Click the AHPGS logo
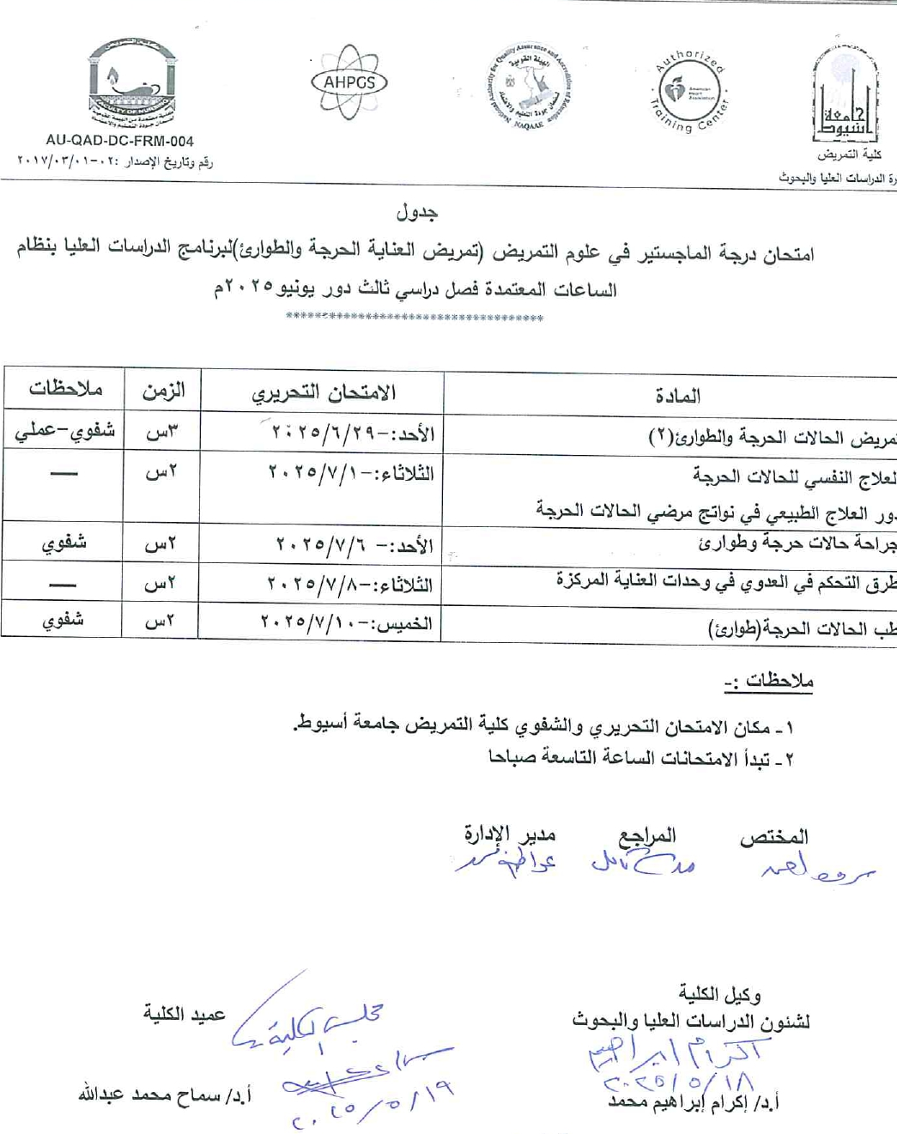pyautogui.click(x=348, y=82)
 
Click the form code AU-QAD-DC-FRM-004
pyautogui.click(x=119, y=141)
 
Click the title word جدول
pyautogui.click(x=417, y=212)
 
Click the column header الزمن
pyautogui.click(x=163, y=391)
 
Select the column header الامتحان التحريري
pyautogui.click(x=324, y=393)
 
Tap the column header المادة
pyautogui.click(x=677, y=396)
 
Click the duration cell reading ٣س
pyautogui.click(x=161, y=432)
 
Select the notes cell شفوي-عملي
pyautogui.click(x=64, y=431)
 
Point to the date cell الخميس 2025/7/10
pyautogui.click(x=346, y=622)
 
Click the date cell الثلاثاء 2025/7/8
pyautogui.click(x=349, y=585)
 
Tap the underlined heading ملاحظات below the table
pyautogui.click(x=769, y=682)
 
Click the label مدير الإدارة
pyautogui.click(x=509, y=834)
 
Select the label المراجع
pyautogui.click(x=647, y=835)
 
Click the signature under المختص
pyautogui.click(x=815, y=870)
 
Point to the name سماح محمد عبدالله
pyautogui.click(x=164, y=1095)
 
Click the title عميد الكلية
pyautogui.click(x=184, y=1014)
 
